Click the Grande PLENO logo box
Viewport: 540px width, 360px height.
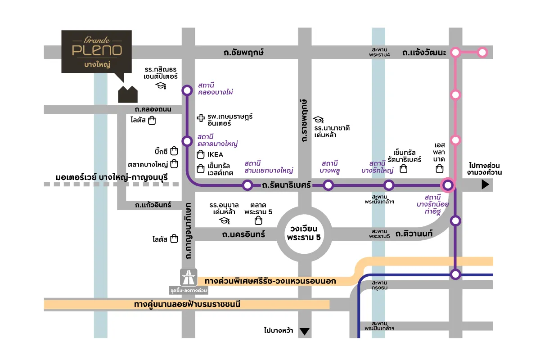point(96,51)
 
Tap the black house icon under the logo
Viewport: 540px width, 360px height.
point(128,94)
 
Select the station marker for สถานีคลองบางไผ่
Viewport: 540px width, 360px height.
point(187,90)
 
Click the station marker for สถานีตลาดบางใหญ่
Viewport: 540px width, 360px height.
point(187,141)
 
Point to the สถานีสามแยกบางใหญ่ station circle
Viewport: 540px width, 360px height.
point(247,185)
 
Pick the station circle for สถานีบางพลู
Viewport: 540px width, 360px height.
point(328,185)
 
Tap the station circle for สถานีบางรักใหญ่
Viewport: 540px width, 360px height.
point(388,185)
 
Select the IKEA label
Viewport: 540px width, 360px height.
point(215,155)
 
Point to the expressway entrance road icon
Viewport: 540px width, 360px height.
point(189,276)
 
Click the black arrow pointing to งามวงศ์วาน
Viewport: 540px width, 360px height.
point(485,184)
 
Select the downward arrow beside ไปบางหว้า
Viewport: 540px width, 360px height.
point(305,332)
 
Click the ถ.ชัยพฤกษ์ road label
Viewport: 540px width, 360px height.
point(243,53)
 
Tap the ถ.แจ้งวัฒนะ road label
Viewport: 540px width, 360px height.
point(424,53)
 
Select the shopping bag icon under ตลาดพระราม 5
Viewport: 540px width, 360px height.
point(258,220)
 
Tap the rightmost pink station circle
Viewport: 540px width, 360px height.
point(482,53)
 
